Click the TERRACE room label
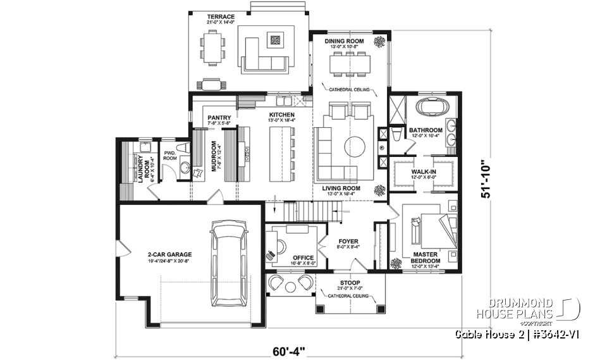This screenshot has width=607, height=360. coord(221,16)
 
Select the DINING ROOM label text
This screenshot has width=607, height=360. coord(345,41)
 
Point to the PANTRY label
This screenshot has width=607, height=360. coord(219,117)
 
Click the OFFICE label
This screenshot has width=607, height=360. coord(303,258)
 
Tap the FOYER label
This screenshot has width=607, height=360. coord(348,242)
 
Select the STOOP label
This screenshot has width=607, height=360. coord(349,283)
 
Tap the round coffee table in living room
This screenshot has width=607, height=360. coord(354,147)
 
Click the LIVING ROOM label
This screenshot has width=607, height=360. coord(341,188)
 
